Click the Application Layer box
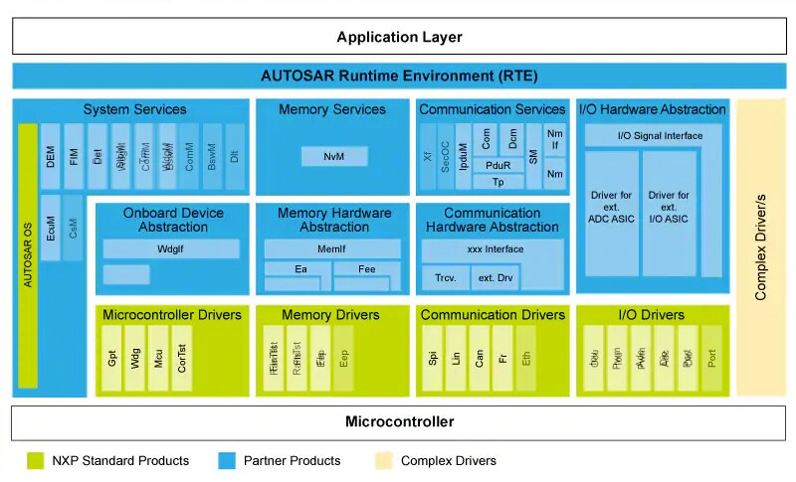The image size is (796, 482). point(398,37)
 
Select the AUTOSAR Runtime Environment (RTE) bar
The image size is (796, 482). point(398,76)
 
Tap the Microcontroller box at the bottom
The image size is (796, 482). point(398,421)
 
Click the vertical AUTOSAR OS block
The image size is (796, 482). point(28,255)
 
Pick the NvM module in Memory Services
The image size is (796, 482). point(334,156)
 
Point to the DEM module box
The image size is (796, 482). point(51,156)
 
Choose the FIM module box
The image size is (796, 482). point(75,156)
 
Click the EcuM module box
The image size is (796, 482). point(51,228)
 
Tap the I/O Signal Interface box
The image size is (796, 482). point(660,135)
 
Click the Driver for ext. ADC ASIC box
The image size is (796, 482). point(611,213)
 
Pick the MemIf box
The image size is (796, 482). point(332,249)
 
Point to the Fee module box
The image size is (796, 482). point(366,268)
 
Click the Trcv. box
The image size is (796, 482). point(445,277)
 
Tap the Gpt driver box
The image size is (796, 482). point(112,357)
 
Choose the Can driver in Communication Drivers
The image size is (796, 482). point(480,357)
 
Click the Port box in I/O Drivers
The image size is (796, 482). point(711,357)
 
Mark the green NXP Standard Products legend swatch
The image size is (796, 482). point(35,460)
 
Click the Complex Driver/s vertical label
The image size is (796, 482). point(760,245)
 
